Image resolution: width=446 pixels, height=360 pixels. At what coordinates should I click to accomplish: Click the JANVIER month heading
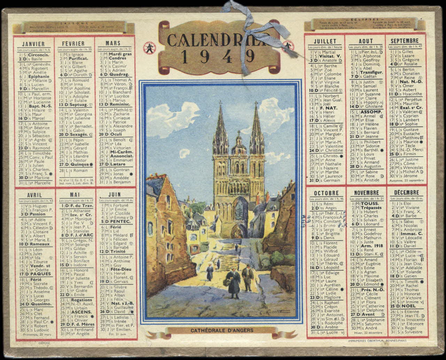tap(33, 44)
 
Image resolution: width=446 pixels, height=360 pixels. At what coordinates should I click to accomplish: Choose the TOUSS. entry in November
tap(370, 204)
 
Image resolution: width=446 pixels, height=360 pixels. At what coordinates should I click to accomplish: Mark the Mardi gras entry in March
tap(120, 54)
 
